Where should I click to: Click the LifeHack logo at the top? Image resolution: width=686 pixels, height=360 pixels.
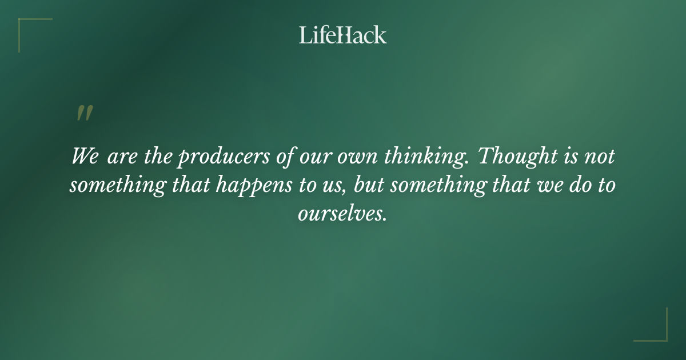click(x=343, y=35)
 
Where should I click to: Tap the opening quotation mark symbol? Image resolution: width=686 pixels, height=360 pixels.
click(x=84, y=113)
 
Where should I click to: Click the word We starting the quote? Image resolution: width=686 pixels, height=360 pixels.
click(x=85, y=156)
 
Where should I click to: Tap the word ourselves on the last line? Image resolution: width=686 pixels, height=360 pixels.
click(x=342, y=214)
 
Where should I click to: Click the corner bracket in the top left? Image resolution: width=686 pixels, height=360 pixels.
click(x=26, y=26)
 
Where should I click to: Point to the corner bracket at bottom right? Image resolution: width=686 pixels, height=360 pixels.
click(x=660, y=334)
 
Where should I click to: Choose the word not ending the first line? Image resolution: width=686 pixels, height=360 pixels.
click(x=599, y=157)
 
